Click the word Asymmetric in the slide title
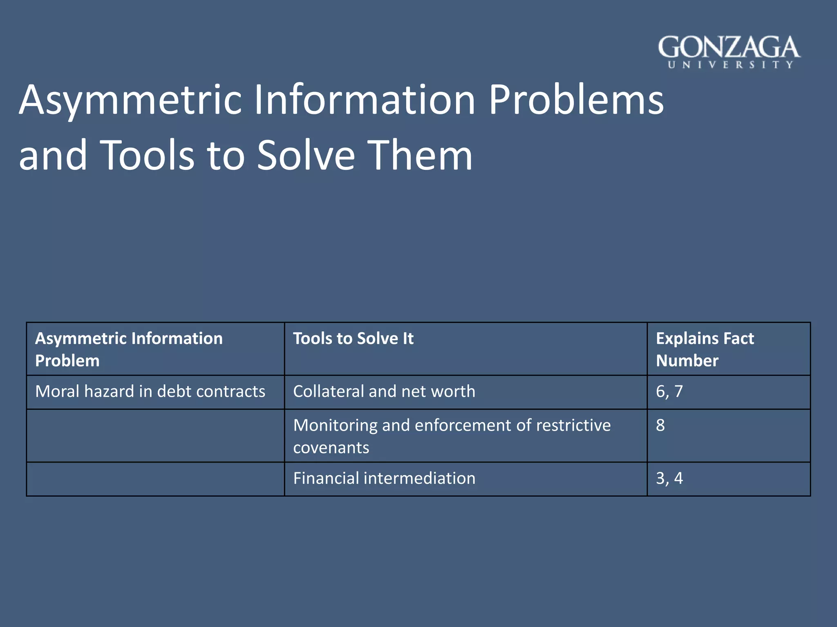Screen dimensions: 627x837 pyautogui.click(x=131, y=100)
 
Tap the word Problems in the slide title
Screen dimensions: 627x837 pyautogui.click(x=576, y=100)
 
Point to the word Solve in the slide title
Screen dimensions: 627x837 pyautogui.click(x=307, y=155)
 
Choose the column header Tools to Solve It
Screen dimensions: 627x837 pyautogui.click(x=354, y=338)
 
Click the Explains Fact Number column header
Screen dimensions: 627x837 pyautogui.click(x=705, y=349)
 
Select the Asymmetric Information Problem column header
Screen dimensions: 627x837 pyautogui.click(x=129, y=349)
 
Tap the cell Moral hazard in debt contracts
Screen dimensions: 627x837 pyautogui.click(x=150, y=391)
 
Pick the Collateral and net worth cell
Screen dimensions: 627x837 pyautogui.click(x=384, y=391)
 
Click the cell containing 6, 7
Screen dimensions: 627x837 pyautogui.click(x=669, y=391)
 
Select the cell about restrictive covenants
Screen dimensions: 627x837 pyautogui.click(x=452, y=436)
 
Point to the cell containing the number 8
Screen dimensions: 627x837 pyautogui.click(x=660, y=425)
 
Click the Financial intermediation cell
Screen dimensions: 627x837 pyautogui.click(x=384, y=478)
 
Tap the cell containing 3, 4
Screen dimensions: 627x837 pyautogui.click(x=669, y=478)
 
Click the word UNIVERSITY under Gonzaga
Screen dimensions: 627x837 pyautogui.click(x=730, y=65)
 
